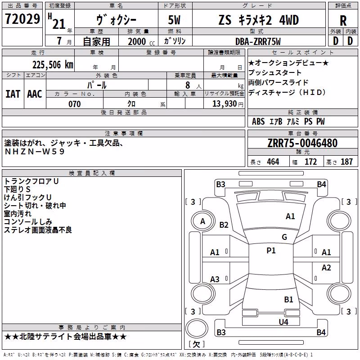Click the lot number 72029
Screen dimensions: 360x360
(22, 19)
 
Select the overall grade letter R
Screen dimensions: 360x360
(343, 21)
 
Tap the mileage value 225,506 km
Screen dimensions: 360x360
(53, 65)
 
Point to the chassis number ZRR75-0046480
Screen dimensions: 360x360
(302, 143)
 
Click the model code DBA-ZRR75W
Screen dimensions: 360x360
(258, 41)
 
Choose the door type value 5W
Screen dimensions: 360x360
(174, 20)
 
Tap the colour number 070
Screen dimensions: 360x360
(75, 104)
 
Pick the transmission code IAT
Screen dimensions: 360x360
(13, 94)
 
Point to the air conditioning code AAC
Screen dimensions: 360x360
(35, 94)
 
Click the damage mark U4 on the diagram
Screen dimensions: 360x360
(283, 322)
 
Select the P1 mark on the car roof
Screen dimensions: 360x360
(271, 251)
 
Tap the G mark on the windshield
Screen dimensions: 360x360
(284, 237)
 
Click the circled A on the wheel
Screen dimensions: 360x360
(202, 221)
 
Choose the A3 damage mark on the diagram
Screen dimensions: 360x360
(215, 279)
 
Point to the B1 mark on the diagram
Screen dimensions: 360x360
(288, 300)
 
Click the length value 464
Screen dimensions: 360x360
(273, 162)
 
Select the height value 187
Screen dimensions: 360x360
(346, 162)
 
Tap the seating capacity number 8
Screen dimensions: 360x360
(188, 85)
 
